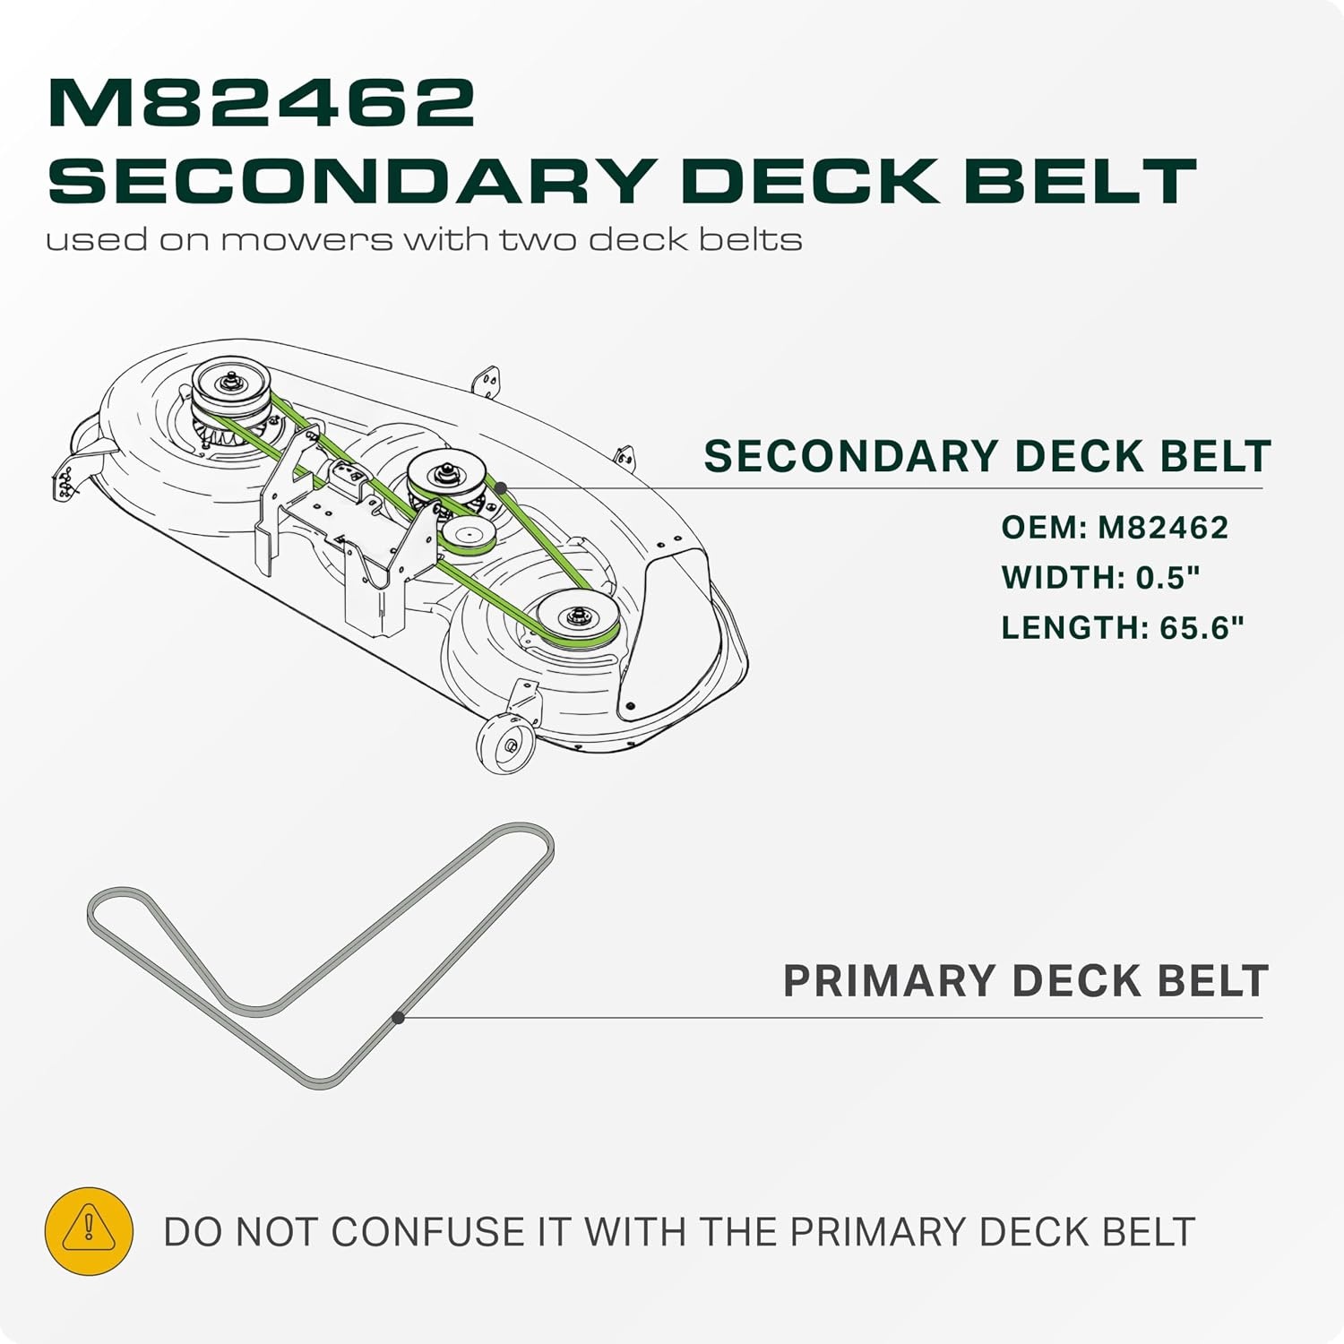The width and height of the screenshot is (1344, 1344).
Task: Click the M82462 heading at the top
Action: [x=261, y=102]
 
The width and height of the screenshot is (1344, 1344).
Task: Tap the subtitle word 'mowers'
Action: [x=306, y=240]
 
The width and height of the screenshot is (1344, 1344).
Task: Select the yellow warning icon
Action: [x=89, y=1230]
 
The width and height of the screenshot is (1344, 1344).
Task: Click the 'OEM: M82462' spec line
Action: [x=1115, y=527]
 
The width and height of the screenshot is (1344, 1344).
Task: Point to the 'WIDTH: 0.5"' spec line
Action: [x=1100, y=577]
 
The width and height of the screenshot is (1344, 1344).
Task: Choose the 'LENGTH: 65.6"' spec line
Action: [x=1123, y=627]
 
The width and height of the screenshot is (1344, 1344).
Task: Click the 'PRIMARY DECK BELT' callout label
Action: [x=1026, y=980]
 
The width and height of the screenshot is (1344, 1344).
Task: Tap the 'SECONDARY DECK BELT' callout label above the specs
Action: [x=987, y=456]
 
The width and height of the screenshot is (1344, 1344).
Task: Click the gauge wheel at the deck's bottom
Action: [x=505, y=743]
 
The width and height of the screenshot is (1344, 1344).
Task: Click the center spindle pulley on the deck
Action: [x=447, y=472]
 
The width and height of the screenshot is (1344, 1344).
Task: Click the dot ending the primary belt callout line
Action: [x=399, y=1018]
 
